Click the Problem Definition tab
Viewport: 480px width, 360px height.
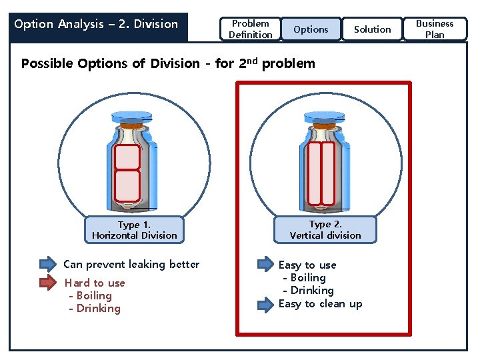(251, 29)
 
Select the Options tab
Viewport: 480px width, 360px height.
(311, 29)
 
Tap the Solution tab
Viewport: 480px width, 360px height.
(373, 29)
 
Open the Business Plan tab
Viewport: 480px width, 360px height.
(435, 29)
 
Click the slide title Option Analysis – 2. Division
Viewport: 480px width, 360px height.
(97, 25)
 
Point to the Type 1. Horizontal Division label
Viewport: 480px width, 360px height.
(135, 230)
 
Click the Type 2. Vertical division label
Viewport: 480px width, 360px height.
(325, 230)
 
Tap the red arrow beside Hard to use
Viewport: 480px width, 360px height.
(48, 282)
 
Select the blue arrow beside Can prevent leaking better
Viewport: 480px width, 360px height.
(48, 264)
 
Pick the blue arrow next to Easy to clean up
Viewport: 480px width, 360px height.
(265, 304)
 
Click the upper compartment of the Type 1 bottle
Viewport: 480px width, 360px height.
(127, 157)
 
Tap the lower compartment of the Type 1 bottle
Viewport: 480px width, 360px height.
(127, 185)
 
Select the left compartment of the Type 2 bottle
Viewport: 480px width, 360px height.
(313, 173)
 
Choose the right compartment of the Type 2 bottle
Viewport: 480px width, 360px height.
(327, 173)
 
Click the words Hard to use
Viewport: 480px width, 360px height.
(95, 283)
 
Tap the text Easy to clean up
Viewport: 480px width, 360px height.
(321, 304)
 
